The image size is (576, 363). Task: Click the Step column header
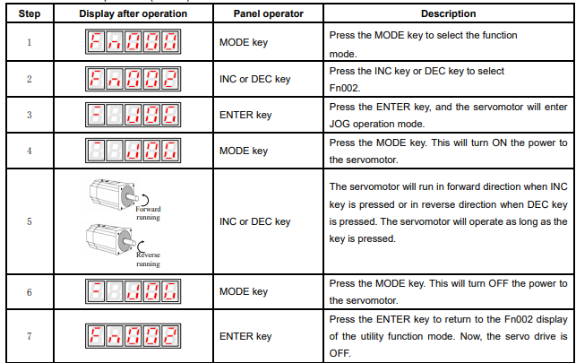pos(30,13)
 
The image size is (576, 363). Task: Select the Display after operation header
pos(133,13)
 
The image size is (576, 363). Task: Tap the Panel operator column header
pos(268,13)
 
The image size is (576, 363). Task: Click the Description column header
pos(448,13)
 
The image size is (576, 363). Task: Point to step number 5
pos(30,221)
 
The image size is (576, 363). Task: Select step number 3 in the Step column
pos(30,115)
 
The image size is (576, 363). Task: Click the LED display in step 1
pos(133,41)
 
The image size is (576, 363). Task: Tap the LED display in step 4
pos(133,151)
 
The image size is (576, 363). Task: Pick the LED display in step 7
pos(133,336)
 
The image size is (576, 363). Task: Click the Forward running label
pos(148,213)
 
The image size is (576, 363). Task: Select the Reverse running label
pos(148,259)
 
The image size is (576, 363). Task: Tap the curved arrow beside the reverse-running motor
pos(139,246)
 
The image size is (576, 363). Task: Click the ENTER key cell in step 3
pos(245,115)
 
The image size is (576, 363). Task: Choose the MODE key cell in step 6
pos(244,291)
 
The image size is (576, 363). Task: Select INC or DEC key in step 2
pos(255,79)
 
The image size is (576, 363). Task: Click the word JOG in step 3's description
pos(340,125)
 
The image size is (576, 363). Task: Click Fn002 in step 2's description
pos(344,88)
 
